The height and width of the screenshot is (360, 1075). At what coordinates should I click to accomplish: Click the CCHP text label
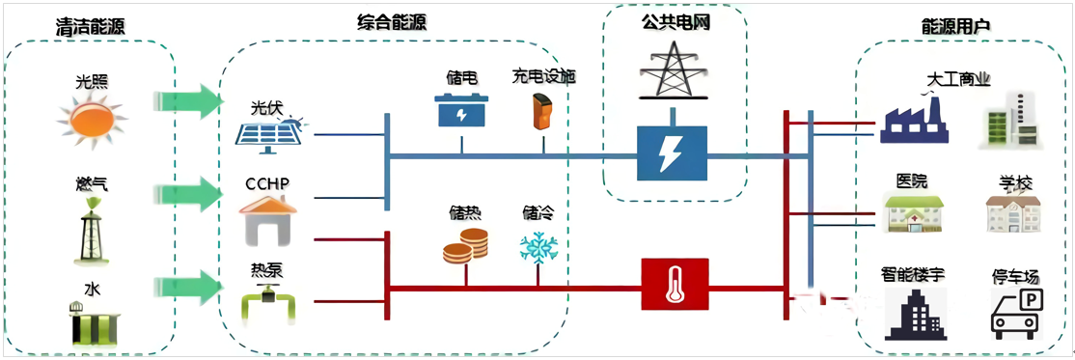pos(267,183)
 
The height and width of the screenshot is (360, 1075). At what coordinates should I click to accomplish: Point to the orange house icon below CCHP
pos(269,220)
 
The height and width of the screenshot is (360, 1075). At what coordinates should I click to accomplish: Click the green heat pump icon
pos(269,303)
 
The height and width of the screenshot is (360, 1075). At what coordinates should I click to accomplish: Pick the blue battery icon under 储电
pos(462,110)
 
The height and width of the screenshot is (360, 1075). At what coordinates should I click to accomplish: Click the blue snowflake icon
pos(538,245)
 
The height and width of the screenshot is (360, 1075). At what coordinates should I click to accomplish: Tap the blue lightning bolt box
pos(673,153)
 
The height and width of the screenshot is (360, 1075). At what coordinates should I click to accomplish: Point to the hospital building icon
pos(913,213)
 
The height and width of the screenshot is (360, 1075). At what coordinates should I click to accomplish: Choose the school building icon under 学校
pos(1012,213)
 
